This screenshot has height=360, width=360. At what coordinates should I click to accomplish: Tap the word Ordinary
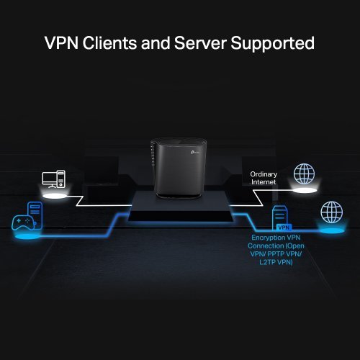click(264, 174)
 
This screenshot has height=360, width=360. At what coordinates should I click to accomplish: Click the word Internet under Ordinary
click(264, 183)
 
